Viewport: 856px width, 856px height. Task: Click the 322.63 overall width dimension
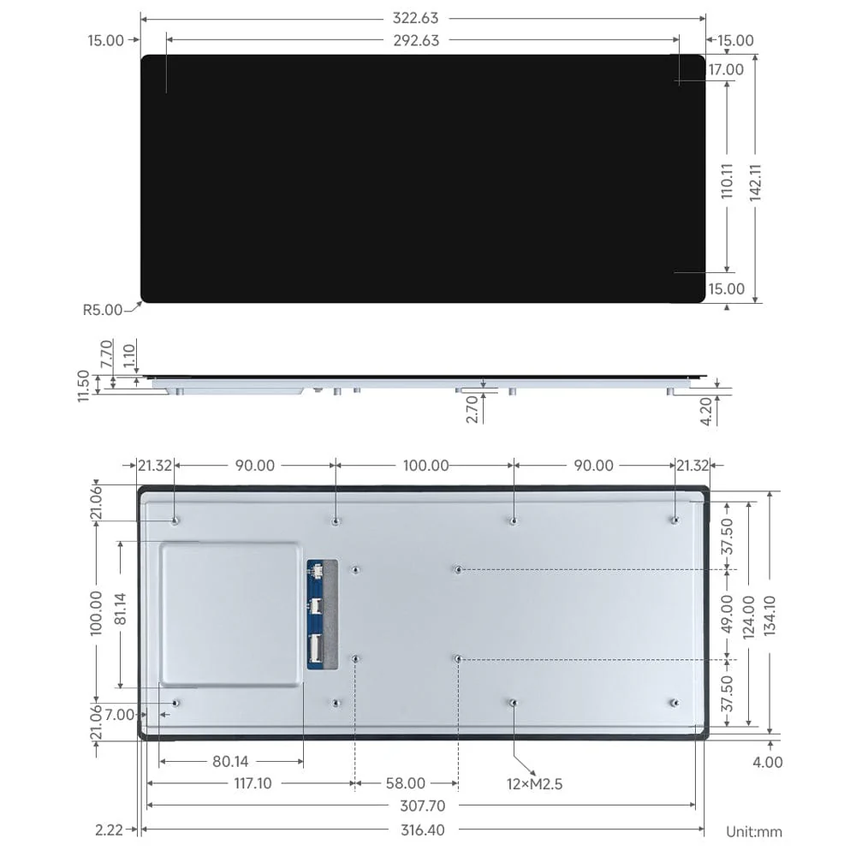[421, 18]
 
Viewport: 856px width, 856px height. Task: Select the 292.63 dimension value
[421, 40]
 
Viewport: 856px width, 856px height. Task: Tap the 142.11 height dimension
[755, 181]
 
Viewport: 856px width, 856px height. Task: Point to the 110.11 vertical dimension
[727, 181]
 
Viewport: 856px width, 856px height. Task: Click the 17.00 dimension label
[725, 69]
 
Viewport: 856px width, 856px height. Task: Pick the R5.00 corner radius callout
[103, 310]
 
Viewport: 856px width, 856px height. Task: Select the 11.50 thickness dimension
[83, 385]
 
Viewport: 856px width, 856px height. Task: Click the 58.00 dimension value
[405, 783]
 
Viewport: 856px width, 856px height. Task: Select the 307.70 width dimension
[421, 805]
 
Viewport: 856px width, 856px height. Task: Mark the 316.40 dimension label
[421, 829]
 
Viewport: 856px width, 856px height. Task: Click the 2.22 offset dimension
[108, 829]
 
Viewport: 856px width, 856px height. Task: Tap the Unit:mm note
[753, 831]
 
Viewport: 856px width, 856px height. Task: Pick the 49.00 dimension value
[728, 613]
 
